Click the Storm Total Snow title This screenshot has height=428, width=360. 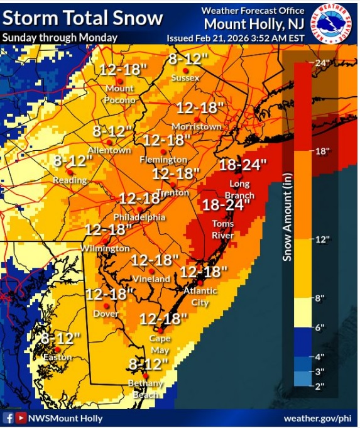(83, 18)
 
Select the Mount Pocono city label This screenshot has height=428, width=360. (120, 94)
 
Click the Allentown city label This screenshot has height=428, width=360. (109, 151)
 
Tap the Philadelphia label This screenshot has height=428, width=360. (139, 217)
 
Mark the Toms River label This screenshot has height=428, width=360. (223, 229)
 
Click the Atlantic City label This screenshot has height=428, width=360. (200, 296)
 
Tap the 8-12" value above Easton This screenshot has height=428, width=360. (61, 338)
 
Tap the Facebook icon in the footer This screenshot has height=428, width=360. (9, 418)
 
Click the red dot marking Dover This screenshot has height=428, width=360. (106, 305)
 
